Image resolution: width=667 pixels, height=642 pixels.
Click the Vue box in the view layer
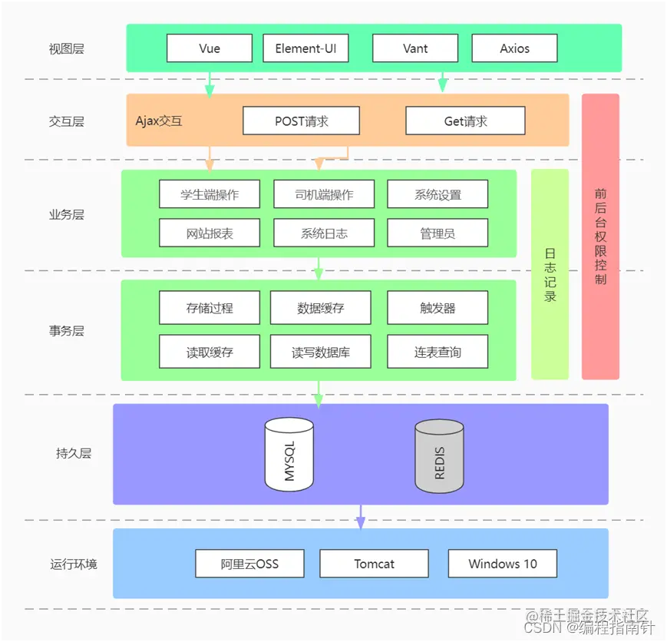pos(210,48)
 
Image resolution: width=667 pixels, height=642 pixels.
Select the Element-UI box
pos(305,48)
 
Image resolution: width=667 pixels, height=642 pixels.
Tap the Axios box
pos(514,48)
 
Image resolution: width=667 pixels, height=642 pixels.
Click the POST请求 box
pos(302,121)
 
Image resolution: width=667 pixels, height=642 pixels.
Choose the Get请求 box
pos(465,121)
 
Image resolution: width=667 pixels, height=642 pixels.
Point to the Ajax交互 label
pos(159,121)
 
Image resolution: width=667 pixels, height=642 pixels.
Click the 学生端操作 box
pos(210,194)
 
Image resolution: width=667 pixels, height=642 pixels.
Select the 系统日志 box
pos(324,233)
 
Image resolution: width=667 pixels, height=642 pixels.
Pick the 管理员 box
pos(438,233)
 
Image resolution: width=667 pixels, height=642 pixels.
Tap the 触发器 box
pos(438,308)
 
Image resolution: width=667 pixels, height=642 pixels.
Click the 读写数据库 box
pos(321,352)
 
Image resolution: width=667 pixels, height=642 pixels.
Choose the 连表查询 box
pos(438,352)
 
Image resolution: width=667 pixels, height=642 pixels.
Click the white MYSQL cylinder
pos(289,455)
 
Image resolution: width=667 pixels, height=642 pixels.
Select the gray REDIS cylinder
pos(440,456)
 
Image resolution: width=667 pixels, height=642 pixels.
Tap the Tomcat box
pos(374,564)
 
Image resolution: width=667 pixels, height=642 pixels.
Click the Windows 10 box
pos(503,564)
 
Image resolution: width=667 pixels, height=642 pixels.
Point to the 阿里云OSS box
pos(249,564)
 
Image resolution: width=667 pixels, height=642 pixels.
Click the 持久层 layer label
pos(74,453)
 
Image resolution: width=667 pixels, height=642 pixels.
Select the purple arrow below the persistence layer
pos(361,518)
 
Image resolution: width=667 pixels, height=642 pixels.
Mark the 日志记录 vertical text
pos(550,274)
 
